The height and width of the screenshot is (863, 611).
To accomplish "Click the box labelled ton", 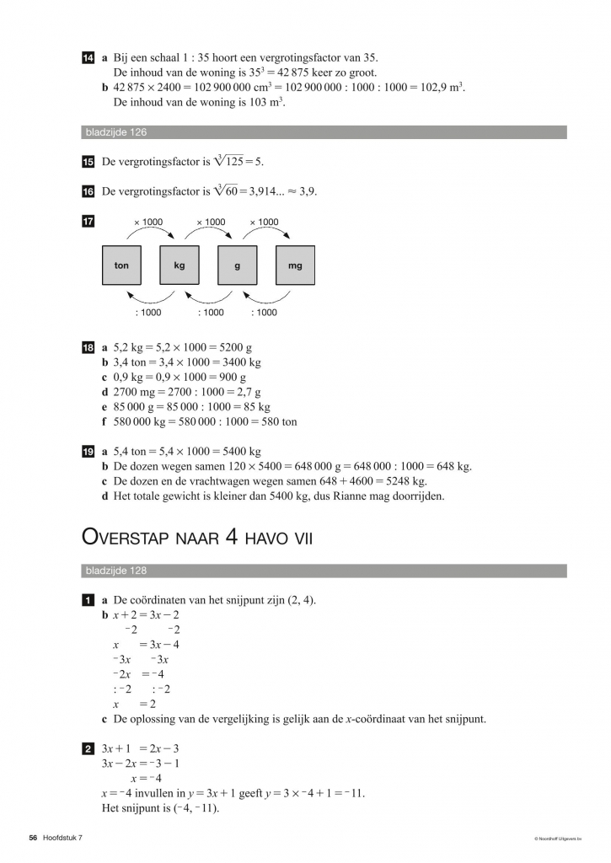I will click(x=121, y=265).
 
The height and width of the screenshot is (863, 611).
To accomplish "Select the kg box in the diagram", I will click(x=180, y=265).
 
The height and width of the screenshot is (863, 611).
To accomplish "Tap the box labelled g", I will click(x=238, y=265).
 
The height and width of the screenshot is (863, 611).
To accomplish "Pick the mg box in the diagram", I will click(x=295, y=265).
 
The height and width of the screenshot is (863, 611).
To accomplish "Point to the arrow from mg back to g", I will click(x=266, y=298).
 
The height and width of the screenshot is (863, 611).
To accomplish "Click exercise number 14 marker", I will click(x=88, y=58).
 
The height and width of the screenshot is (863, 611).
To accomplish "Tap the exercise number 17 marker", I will click(x=88, y=222).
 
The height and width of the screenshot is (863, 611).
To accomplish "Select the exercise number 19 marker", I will click(x=88, y=452).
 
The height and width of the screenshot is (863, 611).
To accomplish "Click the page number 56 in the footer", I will click(x=34, y=838).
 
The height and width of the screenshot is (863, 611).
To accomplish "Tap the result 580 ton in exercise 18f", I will click(x=275, y=421).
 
